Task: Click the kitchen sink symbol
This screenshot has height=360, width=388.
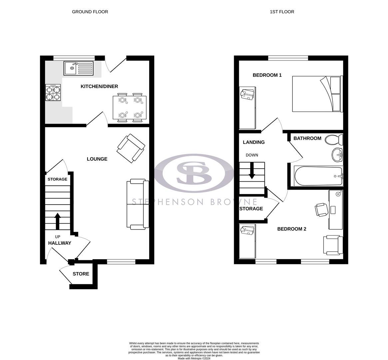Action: [79, 68]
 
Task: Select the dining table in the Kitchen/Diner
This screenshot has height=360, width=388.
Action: [129, 107]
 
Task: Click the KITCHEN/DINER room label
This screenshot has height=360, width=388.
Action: [99, 86]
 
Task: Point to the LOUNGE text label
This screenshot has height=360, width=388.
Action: [97, 159]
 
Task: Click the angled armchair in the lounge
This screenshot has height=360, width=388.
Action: [131, 148]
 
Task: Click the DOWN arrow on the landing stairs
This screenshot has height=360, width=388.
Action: [252, 170]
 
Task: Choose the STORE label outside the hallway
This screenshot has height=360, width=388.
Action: [81, 274]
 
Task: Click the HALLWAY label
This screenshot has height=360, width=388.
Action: [60, 243]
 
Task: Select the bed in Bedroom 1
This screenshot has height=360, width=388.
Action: [317, 94]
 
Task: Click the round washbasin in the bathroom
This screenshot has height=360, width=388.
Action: [337, 155]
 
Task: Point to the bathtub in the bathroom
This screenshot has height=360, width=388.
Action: [318, 176]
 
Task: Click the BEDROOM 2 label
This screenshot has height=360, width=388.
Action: [292, 229]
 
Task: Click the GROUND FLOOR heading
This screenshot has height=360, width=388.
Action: [90, 12]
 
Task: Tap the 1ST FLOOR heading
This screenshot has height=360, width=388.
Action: [282, 12]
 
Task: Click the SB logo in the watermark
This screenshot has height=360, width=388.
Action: [194, 173]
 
